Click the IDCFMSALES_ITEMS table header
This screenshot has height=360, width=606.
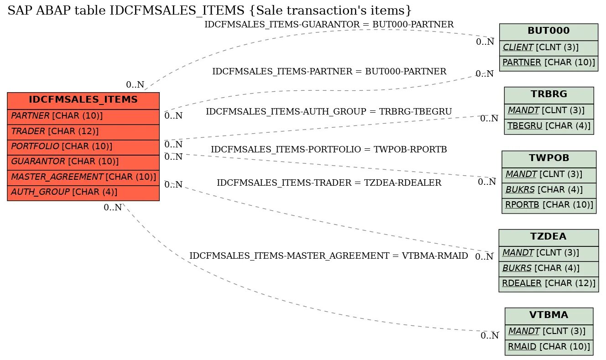(83, 100)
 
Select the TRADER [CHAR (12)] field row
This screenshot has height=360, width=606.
(83, 131)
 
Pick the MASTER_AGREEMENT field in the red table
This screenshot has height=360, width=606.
(83, 177)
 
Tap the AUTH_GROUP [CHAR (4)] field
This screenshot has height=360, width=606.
(83, 192)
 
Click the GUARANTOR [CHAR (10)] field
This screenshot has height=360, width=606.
(83, 162)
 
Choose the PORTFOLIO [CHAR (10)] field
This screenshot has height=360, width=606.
(83, 146)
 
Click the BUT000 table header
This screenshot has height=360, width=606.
(549, 31)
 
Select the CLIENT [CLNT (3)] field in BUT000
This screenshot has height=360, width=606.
(549, 47)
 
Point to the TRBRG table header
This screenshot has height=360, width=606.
(549, 95)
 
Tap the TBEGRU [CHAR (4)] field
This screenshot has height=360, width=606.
(549, 126)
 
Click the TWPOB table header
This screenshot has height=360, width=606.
(549, 159)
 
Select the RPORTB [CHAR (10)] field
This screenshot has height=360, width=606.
(549, 205)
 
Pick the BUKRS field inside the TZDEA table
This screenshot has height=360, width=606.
(549, 268)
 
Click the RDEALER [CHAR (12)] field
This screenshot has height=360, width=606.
(549, 284)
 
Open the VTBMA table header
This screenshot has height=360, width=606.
(549, 315)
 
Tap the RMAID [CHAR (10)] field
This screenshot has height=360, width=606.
(549, 347)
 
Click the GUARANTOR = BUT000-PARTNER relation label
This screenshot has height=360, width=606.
(329, 25)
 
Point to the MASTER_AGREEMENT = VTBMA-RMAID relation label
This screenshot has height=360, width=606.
(329, 256)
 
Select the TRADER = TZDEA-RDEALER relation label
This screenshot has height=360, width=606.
(329, 183)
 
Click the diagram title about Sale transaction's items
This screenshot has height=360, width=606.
(209, 10)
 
